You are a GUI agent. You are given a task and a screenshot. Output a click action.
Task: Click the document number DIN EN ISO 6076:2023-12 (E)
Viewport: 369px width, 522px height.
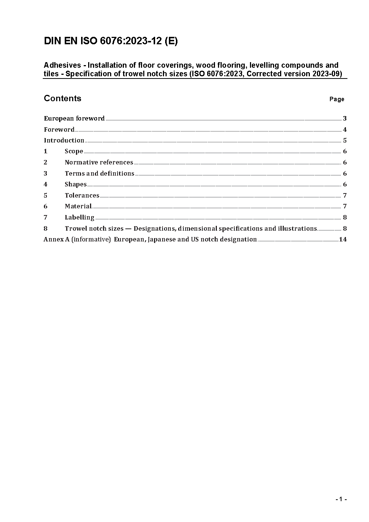coord(110,41)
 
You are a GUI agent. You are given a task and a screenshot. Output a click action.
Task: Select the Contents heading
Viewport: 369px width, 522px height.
coord(62,98)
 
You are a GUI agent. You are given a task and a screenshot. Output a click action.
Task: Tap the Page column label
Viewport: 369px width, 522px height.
coord(337,99)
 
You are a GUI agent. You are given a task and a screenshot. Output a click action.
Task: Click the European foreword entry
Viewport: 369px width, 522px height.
coord(74,118)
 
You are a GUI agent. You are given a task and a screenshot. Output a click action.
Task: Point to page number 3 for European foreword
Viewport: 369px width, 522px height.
coord(345,118)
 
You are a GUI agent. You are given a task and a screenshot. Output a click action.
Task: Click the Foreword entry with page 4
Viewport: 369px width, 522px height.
coord(59,129)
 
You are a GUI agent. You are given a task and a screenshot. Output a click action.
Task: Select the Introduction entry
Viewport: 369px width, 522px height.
coord(64,140)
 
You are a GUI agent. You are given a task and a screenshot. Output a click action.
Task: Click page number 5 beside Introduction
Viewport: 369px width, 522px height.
coord(345,140)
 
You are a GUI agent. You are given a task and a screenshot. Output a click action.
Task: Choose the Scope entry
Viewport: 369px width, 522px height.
coord(74,151)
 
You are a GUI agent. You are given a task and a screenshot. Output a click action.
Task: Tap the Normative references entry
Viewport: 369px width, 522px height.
coord(99,162)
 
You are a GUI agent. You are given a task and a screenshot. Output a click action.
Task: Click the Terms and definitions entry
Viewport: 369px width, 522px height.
coord(99,173)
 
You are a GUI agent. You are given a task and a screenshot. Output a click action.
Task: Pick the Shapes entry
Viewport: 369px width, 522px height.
coord(76,184)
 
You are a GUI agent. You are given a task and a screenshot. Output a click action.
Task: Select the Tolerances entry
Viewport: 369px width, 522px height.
coord(82,195)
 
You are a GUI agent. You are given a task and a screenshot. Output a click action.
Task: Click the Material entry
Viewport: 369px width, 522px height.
coord(78,206)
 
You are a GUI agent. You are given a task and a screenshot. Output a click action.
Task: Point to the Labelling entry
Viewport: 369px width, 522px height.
coord(79,217)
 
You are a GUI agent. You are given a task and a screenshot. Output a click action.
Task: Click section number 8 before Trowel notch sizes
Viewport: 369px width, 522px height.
coord(45,228)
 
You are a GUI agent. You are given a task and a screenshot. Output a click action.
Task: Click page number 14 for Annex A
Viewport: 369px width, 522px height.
coord(343,239)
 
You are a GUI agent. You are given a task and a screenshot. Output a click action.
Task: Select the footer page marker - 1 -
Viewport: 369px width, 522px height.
coord(341,499)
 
